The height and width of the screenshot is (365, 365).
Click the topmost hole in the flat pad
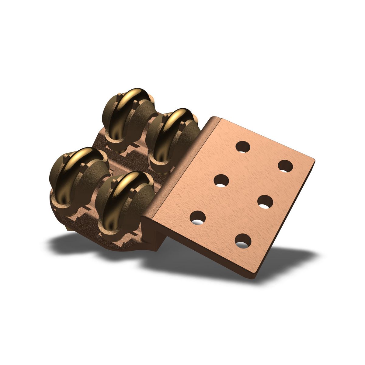(x=243, y=147)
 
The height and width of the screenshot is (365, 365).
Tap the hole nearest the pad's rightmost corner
(x=286, y=166)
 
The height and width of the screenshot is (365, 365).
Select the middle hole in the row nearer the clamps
(x=221, y=181)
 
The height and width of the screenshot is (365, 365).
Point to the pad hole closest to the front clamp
(x=197, y=218)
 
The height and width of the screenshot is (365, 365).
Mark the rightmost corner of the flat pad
(x=313, y=159)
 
